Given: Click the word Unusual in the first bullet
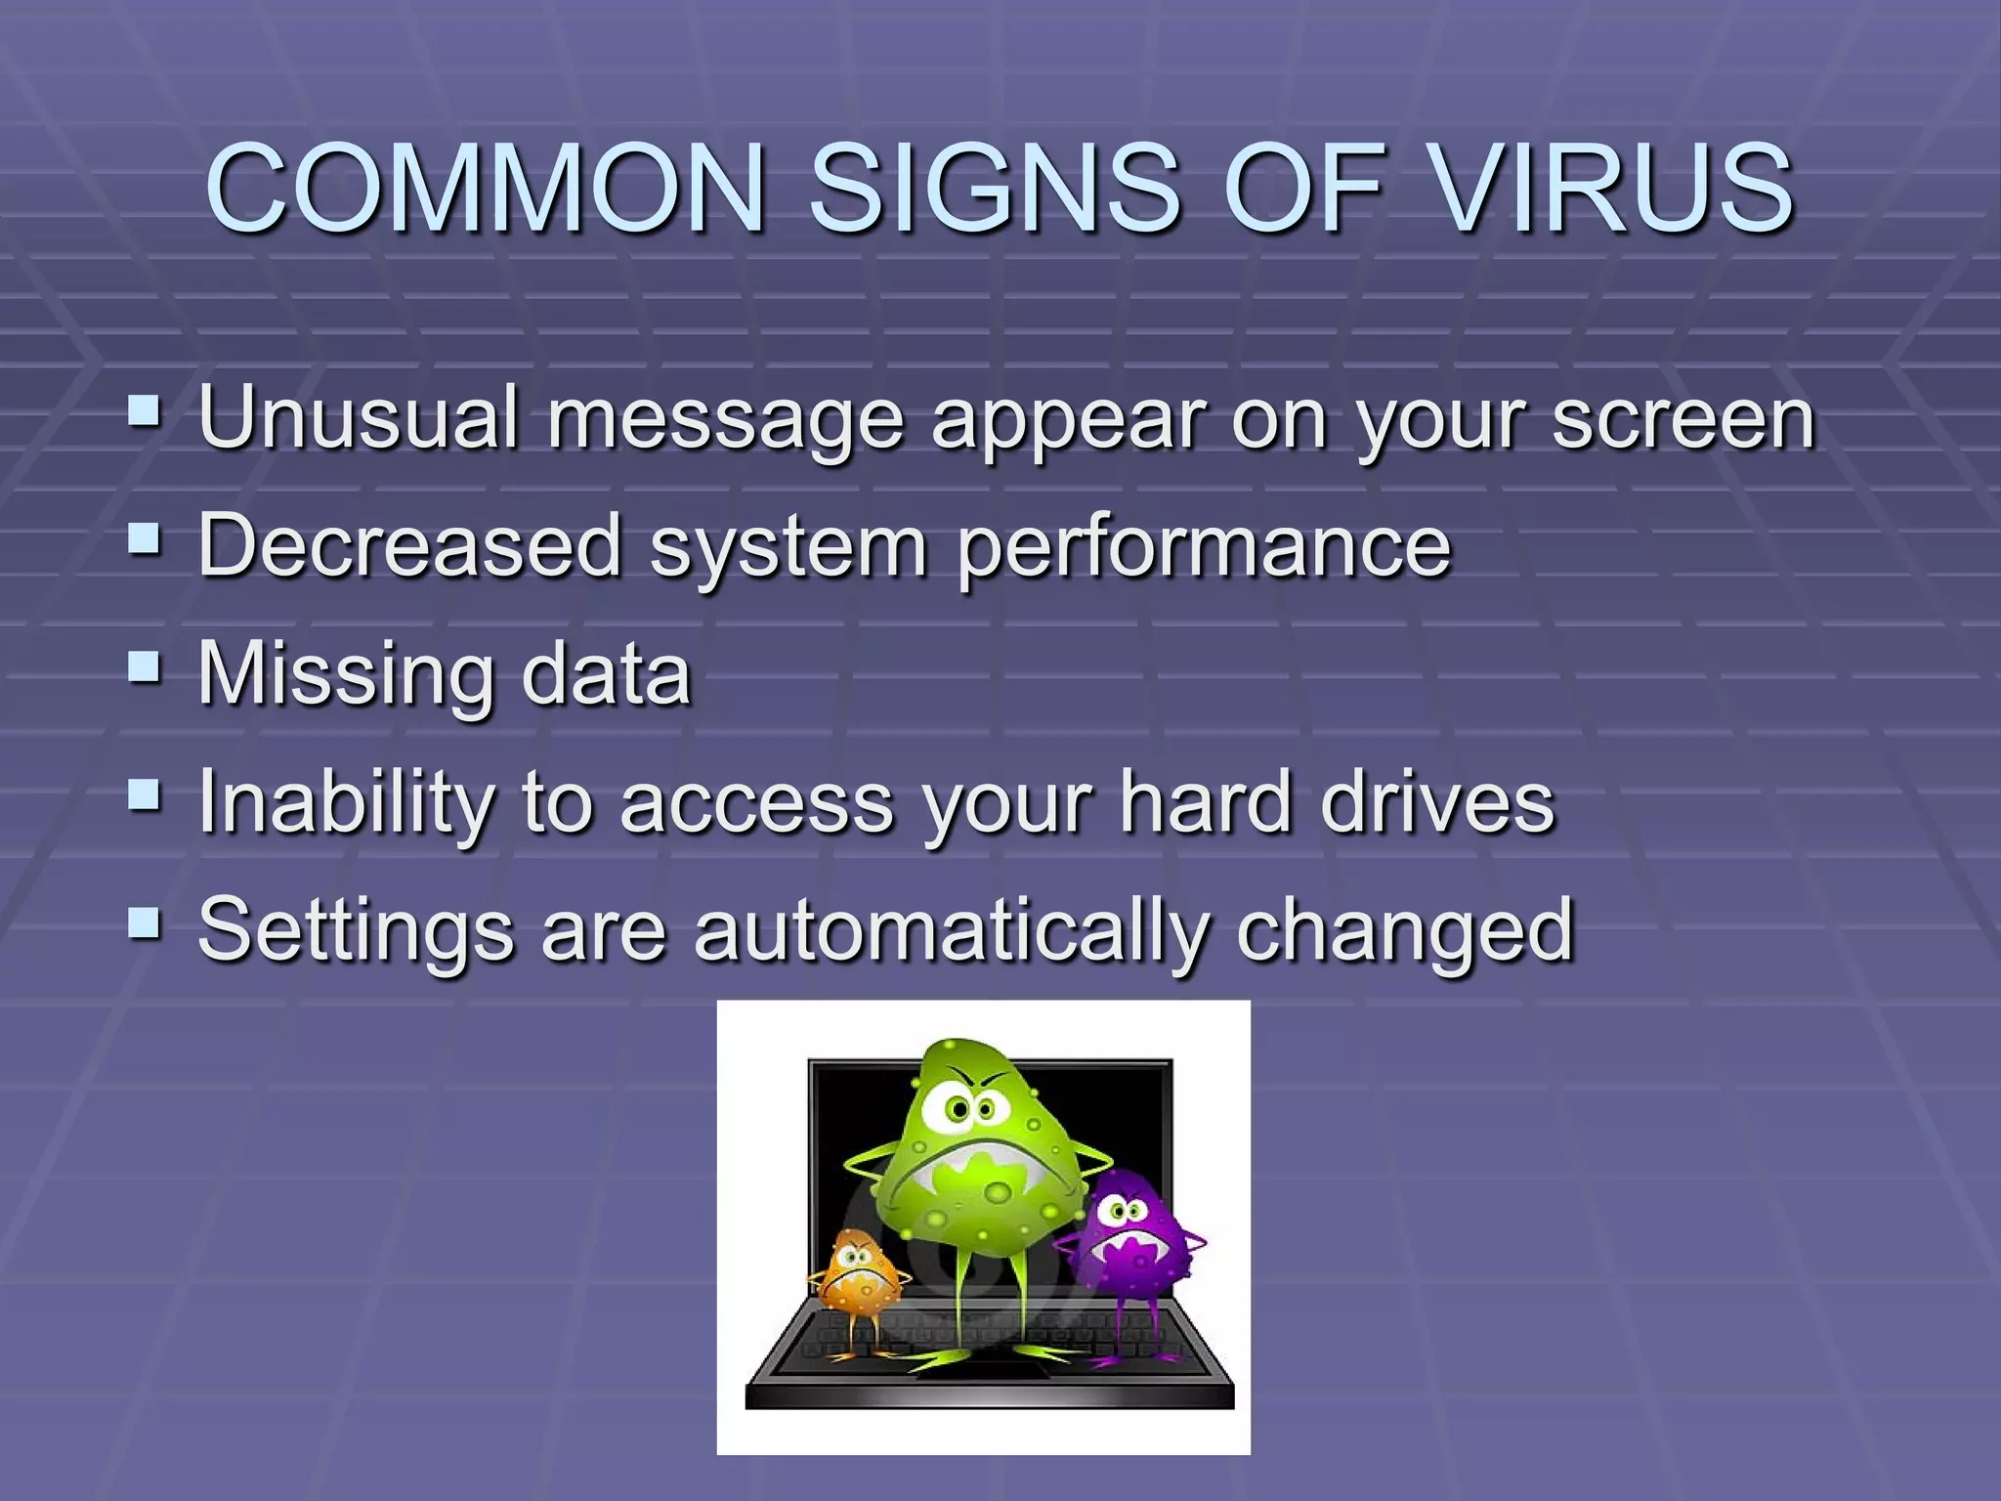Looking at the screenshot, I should coord(357,418).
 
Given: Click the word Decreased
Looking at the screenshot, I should coord(409,545).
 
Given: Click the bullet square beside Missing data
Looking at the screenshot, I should coord(144,666).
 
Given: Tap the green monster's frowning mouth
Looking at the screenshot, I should coord(969,1163).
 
